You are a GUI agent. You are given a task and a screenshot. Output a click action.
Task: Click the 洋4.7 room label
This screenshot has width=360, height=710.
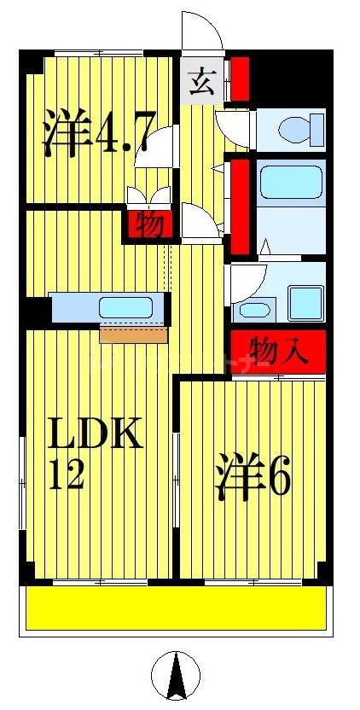[98, 133]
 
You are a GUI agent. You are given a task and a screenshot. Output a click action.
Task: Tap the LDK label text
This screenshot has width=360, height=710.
[94, 437]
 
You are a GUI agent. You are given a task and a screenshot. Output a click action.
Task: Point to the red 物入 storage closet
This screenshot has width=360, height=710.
[278, 350]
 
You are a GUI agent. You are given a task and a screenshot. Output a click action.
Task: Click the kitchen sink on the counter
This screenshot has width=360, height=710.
[125, 306]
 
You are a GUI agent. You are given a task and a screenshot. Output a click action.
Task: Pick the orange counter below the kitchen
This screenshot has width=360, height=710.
[133, 333]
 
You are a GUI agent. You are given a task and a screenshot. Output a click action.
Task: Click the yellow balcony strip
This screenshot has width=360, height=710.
[175, 608]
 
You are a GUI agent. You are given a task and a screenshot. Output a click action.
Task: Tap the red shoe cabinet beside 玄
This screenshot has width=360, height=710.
[240, 79]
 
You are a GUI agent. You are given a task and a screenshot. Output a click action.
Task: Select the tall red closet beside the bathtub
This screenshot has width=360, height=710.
[240, 206]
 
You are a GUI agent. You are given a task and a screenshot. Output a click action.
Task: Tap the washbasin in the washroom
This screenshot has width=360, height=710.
[253, 309]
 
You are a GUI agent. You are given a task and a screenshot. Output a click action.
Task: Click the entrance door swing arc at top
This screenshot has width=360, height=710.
[202, 34]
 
